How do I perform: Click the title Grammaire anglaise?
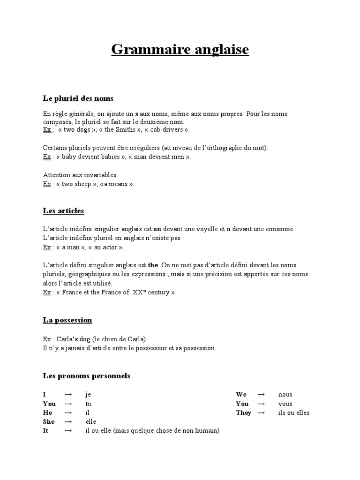180,49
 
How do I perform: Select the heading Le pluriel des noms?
78,98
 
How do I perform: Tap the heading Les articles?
63,211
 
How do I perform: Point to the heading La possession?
67,320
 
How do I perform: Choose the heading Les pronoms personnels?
87,376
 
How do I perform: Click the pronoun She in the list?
49,422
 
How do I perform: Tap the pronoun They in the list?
243,413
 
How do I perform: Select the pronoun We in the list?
241,395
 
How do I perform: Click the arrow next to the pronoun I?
68,395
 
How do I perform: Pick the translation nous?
285,395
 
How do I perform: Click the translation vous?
285,404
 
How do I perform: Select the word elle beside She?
90,422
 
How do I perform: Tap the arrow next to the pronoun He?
68,413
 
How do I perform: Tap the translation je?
88,395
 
